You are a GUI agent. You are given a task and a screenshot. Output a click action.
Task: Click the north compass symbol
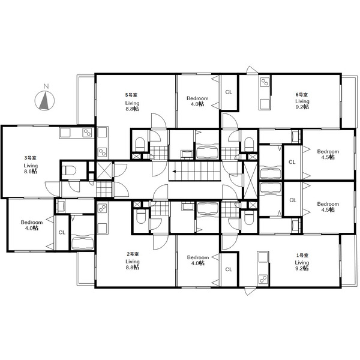click(44, 101)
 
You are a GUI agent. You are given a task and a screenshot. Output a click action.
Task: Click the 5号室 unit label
click(131, 95)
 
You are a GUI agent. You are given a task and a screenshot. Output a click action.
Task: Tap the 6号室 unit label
click(302, 95)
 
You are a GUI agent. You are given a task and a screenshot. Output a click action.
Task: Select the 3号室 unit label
click(31, 158)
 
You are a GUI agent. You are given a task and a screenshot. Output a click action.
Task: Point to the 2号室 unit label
click(133, 254)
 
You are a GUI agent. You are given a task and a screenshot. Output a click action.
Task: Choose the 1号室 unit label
click(302, 255)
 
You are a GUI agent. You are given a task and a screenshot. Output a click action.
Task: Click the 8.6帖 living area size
click(31, 171)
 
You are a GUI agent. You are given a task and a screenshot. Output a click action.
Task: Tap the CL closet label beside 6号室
click(229, 92)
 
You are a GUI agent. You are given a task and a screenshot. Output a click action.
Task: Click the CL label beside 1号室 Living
click(229, 269)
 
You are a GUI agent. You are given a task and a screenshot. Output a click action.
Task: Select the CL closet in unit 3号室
click(62, 233)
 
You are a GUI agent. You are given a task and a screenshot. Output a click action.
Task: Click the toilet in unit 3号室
click(69, 170)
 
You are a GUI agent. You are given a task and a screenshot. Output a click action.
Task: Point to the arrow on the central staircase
click(175, 171)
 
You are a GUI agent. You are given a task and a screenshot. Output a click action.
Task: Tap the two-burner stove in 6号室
click(265, 82)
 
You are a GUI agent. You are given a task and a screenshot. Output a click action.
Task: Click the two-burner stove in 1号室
click(263, 280)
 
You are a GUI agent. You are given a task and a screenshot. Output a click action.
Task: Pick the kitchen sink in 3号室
click(65, 133)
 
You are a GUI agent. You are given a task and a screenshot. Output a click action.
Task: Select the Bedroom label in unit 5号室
click(197, 98)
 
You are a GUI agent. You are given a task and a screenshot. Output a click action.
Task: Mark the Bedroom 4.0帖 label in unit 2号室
click(198, 260)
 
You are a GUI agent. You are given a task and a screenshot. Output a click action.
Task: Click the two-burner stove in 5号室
click(102, 152)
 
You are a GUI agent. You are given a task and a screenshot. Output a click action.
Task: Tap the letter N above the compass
click(46, 86)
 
